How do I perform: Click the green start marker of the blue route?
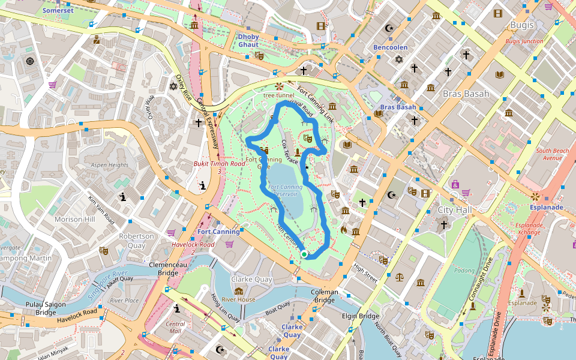[x=304, y=255]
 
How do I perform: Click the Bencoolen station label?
[x=390, y=47]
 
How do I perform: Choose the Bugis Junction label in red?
[x=524, y=41]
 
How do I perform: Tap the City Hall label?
[x=454, y=209]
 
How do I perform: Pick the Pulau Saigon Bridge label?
[x=44, y=308]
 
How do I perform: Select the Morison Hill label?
[x=75, y=219]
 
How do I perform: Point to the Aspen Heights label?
[x=109, y=165]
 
